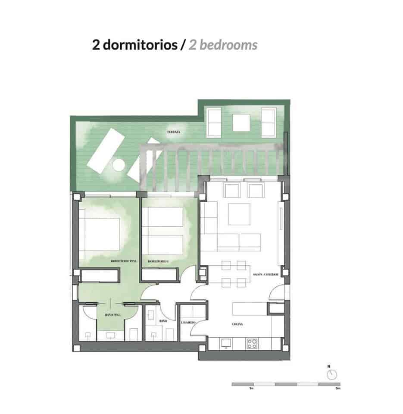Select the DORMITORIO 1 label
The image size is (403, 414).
158,261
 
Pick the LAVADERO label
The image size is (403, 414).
188,323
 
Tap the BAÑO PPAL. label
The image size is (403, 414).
112,316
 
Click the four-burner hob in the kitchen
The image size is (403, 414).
252,344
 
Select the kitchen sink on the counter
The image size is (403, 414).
225,344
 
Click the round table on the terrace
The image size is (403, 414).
117,165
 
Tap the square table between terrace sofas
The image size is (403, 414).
241,123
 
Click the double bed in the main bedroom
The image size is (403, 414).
100,233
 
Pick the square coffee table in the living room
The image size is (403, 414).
239,214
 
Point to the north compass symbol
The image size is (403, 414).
331,374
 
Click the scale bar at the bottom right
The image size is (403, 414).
285,384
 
